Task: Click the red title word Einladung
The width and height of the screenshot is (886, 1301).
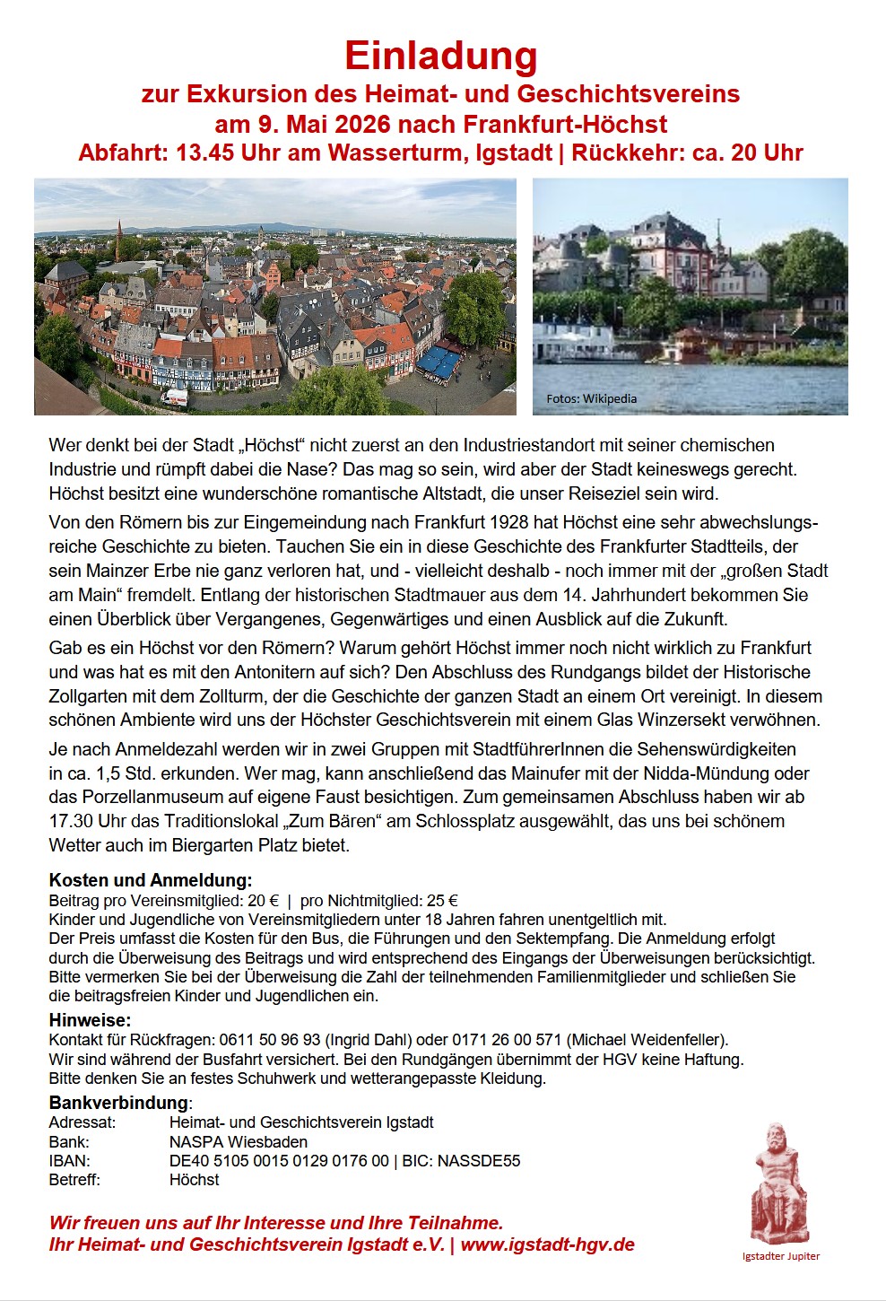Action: coord(440,56)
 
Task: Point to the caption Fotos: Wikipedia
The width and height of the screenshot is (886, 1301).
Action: coord(591,398)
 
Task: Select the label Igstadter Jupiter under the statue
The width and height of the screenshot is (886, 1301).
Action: coord(780,1256)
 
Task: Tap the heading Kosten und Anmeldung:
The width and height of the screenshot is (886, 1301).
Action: coord(150,880)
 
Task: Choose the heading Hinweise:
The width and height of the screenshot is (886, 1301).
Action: coord(90,1020)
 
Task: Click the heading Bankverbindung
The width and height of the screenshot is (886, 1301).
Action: coord(118,1103)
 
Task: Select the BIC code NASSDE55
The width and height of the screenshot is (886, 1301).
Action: coord(479,1161)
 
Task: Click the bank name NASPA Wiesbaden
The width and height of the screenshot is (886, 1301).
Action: coord(238,1142)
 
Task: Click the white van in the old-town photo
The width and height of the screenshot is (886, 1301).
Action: coord(174,397)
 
